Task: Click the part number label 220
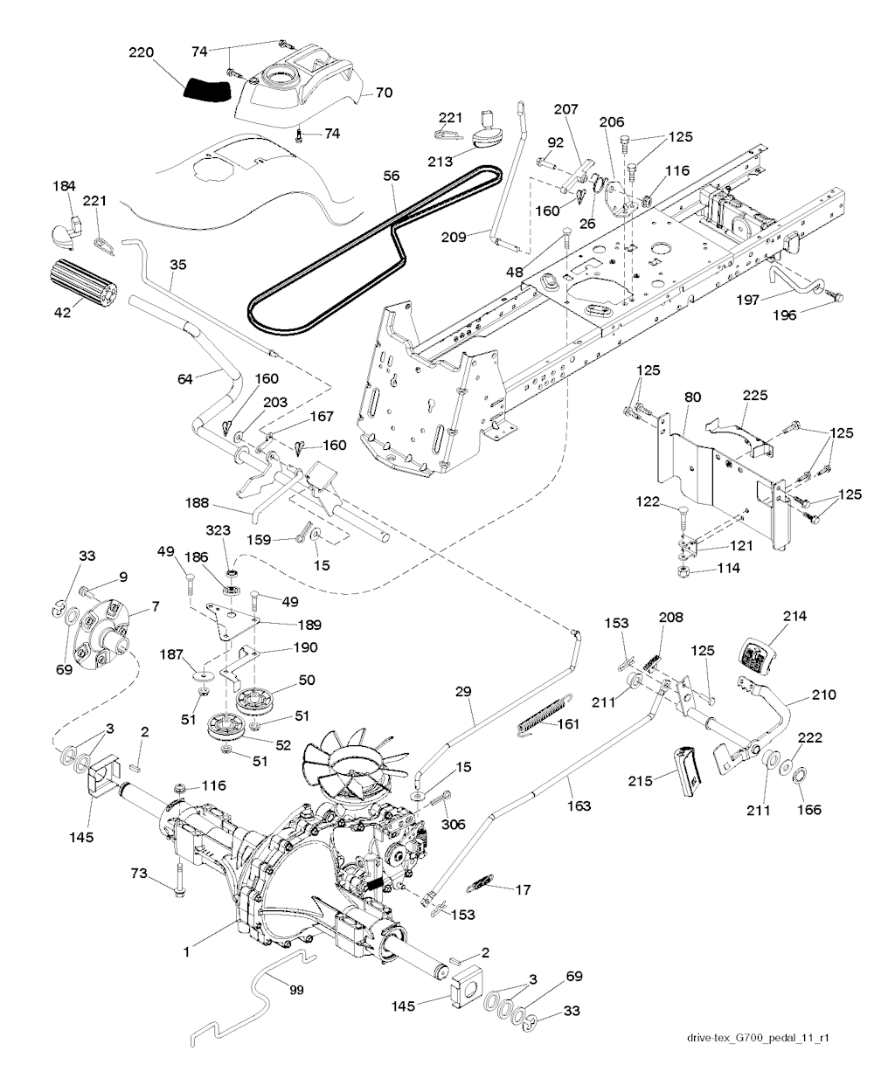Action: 141,52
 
